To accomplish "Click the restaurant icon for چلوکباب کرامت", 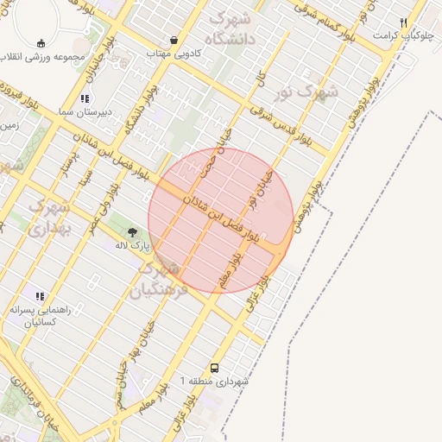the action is (x=403, y=22).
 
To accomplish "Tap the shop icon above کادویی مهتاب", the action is (x=175, y=40).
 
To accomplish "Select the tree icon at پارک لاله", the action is (x=133, y=231).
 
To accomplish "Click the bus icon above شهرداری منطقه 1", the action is (x=215, y=366).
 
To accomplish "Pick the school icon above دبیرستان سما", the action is (x=85, y=98).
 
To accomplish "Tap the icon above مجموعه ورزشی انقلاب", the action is (x=41, y=43).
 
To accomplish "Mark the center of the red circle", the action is (x=220, y=220).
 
